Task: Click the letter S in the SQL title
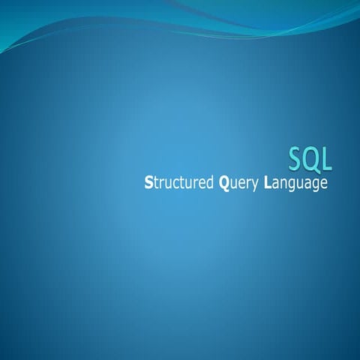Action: point(296,157)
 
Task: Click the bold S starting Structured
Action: point(148,182)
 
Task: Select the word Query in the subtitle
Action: point(238,183)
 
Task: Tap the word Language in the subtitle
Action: point(295,183)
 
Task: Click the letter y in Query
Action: point(256,184)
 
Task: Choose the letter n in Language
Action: point(285,184)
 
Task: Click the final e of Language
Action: point(324,184)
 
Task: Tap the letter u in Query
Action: point(233,184)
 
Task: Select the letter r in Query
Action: point(249,184)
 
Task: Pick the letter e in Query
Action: point(241,184)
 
